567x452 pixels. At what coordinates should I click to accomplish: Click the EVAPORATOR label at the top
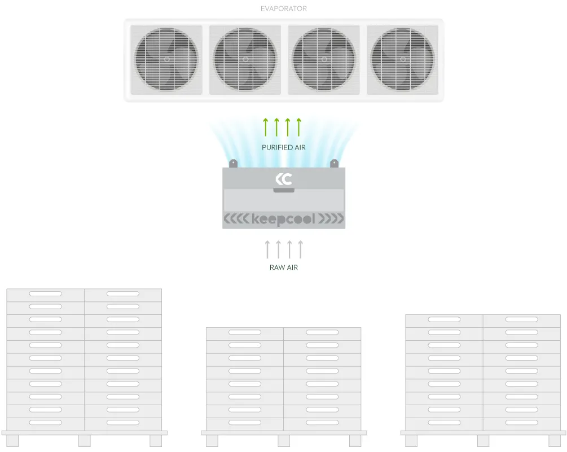[x=283, y=8]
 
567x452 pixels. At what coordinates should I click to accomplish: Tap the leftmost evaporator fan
[x=166, y=59]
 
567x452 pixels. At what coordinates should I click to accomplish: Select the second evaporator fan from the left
[x=245, y=59]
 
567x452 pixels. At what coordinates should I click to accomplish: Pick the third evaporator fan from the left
[x=324, y=59]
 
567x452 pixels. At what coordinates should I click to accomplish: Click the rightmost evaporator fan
[x=402, y=59]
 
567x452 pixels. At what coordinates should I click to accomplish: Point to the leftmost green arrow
[x=266, y=127]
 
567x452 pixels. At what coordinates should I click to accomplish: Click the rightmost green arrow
[x=299, y=127]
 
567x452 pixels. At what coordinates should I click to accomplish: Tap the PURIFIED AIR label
[x=283, y=147]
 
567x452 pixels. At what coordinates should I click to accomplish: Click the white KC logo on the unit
[x=283, y=179]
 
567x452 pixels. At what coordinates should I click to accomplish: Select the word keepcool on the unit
[x=283, y=219]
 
